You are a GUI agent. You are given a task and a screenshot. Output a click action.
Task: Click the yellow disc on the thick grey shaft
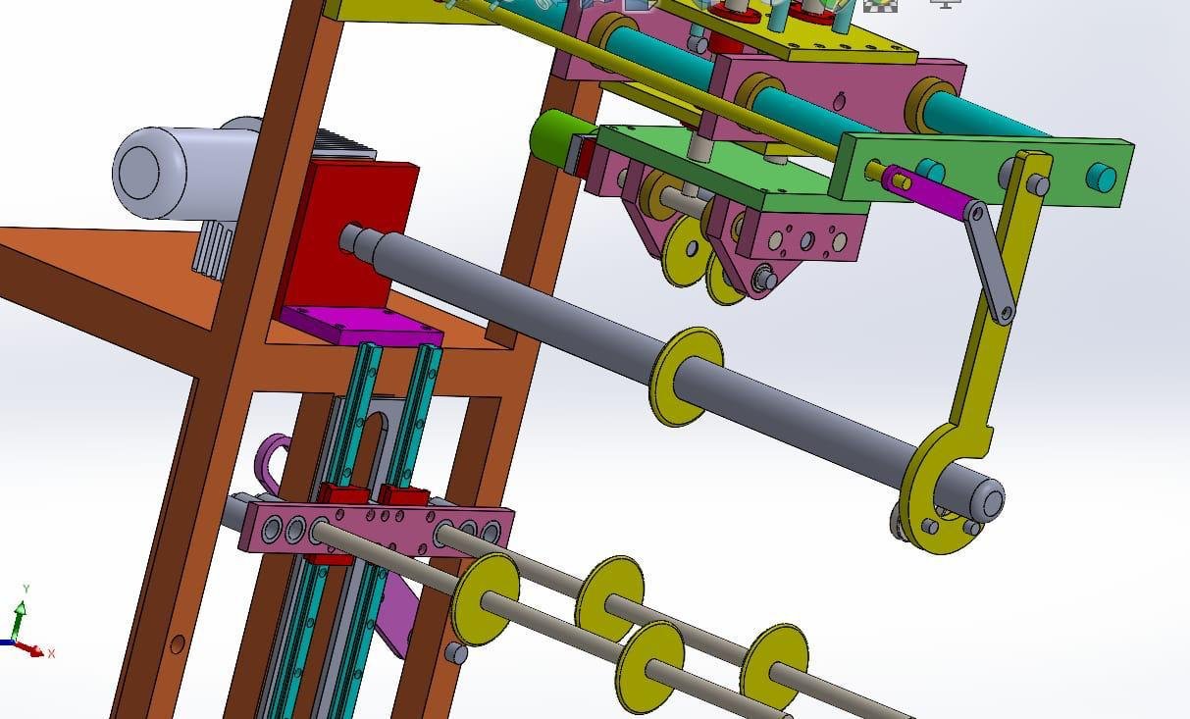686,376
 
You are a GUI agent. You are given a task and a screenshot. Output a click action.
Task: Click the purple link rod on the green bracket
924,191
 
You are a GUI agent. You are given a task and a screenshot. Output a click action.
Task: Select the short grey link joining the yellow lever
990,262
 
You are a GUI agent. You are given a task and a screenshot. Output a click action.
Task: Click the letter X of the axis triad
52,653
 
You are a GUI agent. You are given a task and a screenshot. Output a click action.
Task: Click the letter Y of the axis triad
26,589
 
